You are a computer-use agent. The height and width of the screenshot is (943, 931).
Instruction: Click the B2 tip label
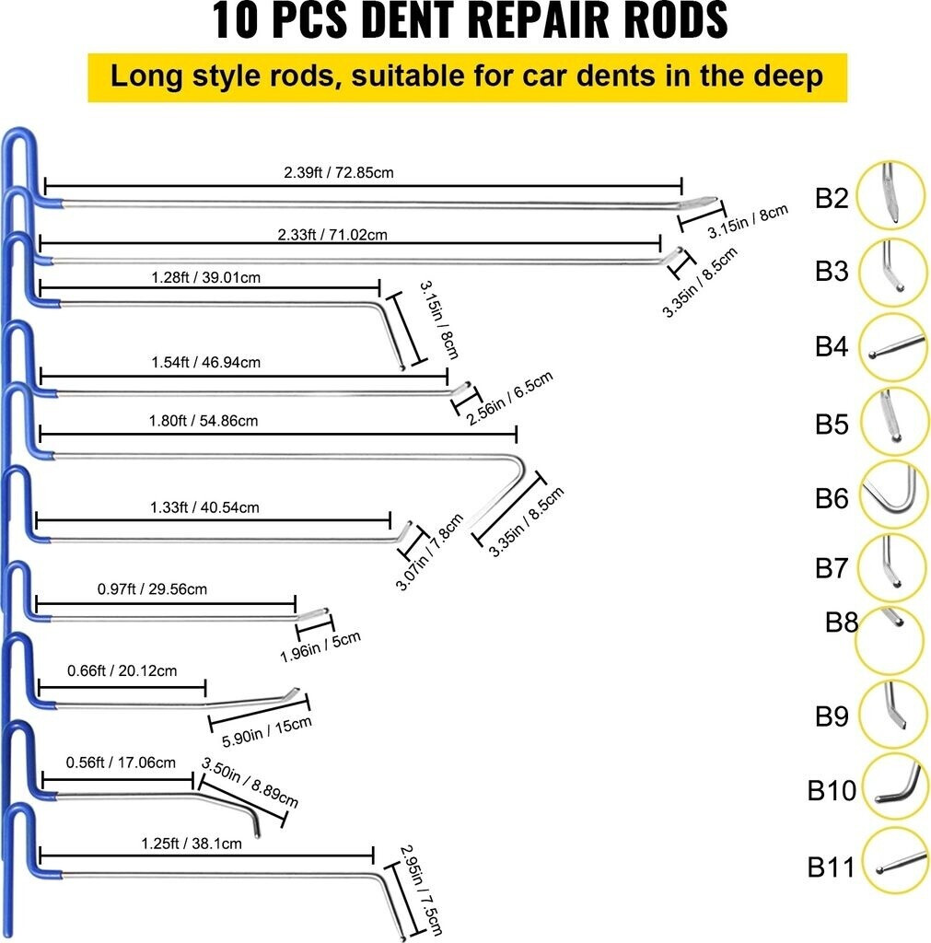click(831, 198)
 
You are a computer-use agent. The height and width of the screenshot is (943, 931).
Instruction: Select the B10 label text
click(832, 790)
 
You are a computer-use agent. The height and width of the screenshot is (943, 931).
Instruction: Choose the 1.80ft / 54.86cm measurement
click(203, 421)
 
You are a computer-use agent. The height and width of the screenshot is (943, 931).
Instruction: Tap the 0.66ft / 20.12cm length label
click(122, 670)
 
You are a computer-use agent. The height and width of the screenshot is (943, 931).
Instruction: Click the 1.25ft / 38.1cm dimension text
click(192, 843)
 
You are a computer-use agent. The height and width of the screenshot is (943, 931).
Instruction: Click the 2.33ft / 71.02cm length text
click(332, 235)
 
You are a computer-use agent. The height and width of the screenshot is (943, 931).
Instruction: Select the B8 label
click(842, 623)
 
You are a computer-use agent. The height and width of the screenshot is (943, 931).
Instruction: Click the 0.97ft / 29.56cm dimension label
click(152, 588)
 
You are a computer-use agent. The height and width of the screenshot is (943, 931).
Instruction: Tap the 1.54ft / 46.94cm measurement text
click(205, 362)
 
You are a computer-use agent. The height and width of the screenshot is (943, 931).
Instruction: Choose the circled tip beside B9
click(891, 715)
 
